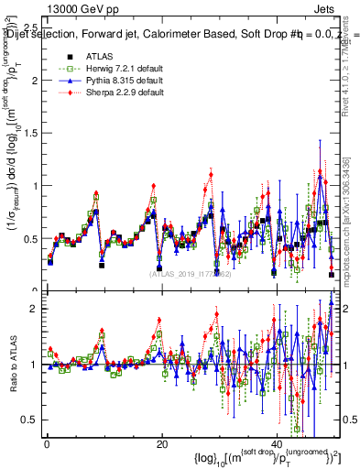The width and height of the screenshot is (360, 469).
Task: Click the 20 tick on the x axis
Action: (x=162, y=444)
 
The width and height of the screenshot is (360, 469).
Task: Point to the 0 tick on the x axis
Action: (x=47, y=444)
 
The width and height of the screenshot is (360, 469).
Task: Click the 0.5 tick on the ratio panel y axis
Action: (x=30, y=420)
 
